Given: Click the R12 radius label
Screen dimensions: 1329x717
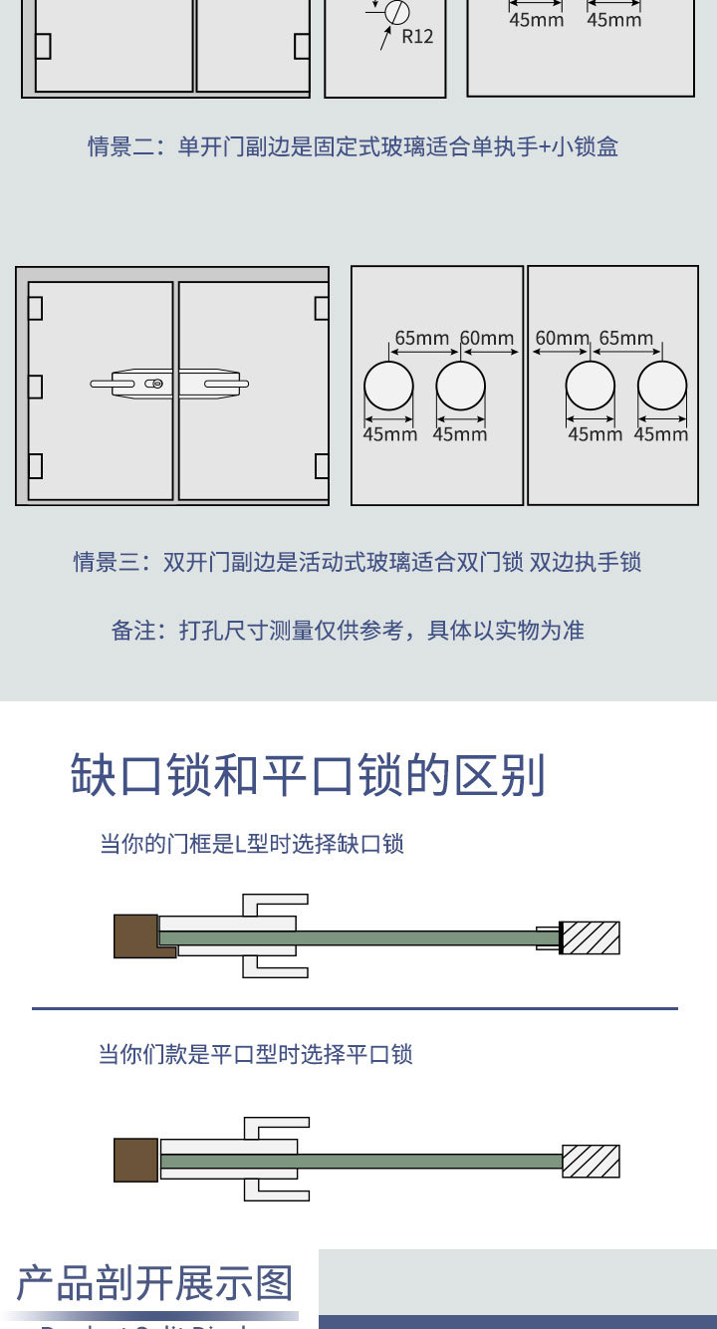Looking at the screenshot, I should tap(417, 36).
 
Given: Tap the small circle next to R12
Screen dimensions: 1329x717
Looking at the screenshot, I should tap(397, 13).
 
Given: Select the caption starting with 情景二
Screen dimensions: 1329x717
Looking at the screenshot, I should tap(353, 146).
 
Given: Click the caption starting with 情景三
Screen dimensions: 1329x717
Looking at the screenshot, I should tap(357, 562).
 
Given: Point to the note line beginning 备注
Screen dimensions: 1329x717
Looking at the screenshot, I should tap(347, 631).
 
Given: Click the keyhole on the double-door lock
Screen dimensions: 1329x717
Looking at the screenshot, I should tap(154, 384).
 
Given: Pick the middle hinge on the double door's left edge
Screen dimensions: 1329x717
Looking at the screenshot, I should tap(35, 386).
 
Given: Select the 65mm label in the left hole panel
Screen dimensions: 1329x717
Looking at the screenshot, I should tap(422, 338).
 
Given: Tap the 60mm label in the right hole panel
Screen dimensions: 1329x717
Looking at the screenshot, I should tap(562, 338).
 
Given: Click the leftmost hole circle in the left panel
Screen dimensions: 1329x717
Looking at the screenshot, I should tap(388, 386).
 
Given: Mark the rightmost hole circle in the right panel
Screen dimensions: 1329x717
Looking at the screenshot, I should tap(662, 386).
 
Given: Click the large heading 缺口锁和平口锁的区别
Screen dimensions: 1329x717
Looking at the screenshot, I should tap(308, 775).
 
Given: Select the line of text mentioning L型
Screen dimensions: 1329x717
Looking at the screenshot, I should tap(251, 844).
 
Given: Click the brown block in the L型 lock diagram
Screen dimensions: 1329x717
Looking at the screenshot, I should tap(136, 936).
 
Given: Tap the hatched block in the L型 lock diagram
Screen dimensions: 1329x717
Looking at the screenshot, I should tap(590, 937).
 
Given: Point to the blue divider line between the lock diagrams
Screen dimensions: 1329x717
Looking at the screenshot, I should tap(355, 1008).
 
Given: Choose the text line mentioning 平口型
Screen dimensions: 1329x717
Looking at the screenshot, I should tap(255, 1054).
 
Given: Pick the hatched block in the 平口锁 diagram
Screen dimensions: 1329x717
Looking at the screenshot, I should tap(591, 1161).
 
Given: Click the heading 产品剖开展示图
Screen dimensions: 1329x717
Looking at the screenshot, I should tap(155, 1283).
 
